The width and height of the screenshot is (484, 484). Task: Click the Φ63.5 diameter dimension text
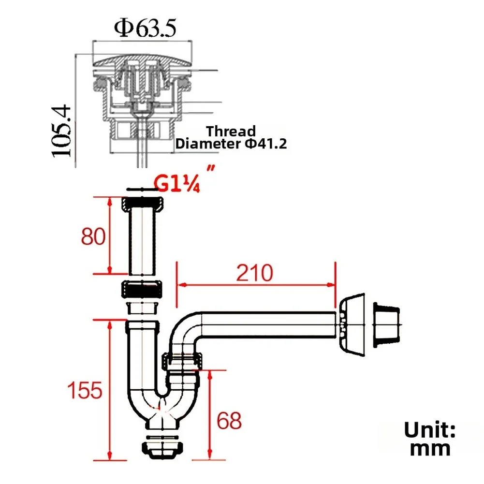click(145, 28)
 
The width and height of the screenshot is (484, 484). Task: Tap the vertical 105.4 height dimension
click(62, 131)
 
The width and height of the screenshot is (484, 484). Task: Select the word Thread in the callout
click(231, 131)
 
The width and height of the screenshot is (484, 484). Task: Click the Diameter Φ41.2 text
click(231, 144)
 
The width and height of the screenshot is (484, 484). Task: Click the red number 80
click(93, 236)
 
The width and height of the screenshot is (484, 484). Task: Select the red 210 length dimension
click(254, 273)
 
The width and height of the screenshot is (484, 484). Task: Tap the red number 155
click(85, 390)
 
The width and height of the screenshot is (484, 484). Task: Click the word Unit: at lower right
click(430, 429)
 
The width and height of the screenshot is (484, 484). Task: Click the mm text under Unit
click(430, 448)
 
